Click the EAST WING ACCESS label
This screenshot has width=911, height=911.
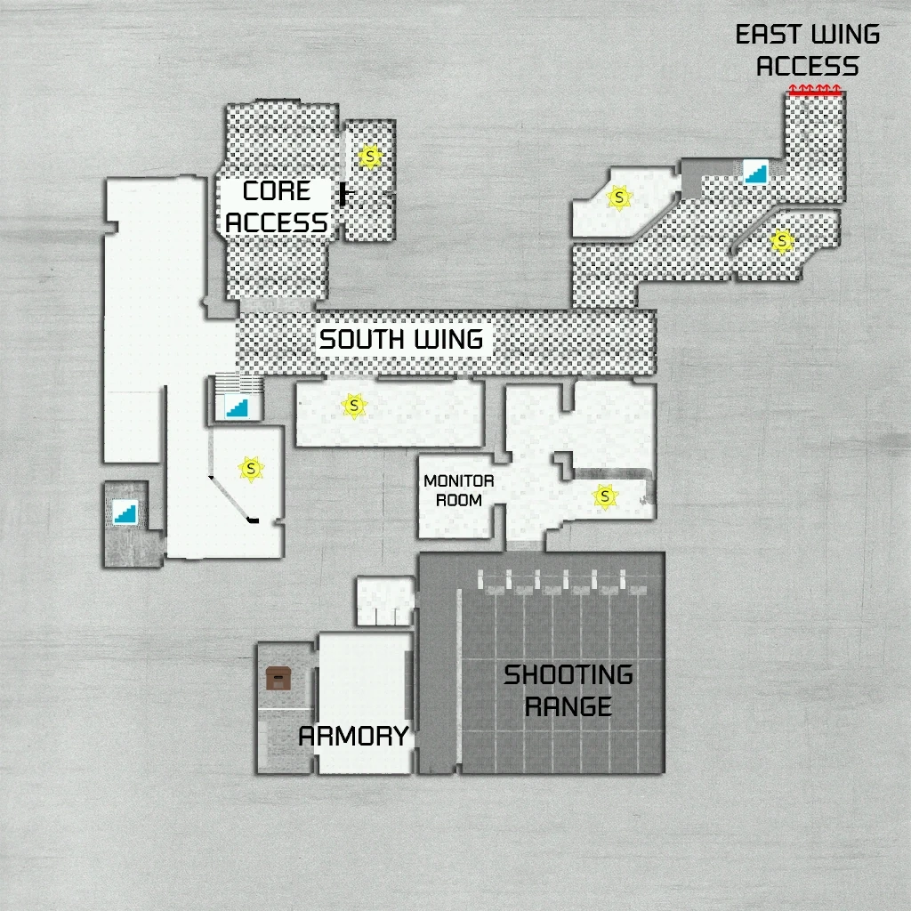808,51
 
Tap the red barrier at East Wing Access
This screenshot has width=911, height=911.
814,90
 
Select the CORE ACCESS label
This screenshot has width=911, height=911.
276,206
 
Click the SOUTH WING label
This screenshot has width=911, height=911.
401,339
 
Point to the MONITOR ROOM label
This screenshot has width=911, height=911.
458,491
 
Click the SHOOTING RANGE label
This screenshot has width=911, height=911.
568,690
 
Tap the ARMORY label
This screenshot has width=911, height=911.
353,736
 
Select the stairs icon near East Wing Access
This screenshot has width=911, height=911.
755,171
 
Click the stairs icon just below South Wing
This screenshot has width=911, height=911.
238,407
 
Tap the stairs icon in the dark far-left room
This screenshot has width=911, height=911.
125,512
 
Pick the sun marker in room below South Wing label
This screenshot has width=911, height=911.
355,406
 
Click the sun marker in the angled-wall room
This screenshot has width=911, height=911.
251,467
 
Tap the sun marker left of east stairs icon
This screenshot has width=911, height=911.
618,197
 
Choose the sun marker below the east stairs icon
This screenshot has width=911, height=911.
781,240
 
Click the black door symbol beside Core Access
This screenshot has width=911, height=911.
345,193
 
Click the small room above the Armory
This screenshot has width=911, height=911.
384,601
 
